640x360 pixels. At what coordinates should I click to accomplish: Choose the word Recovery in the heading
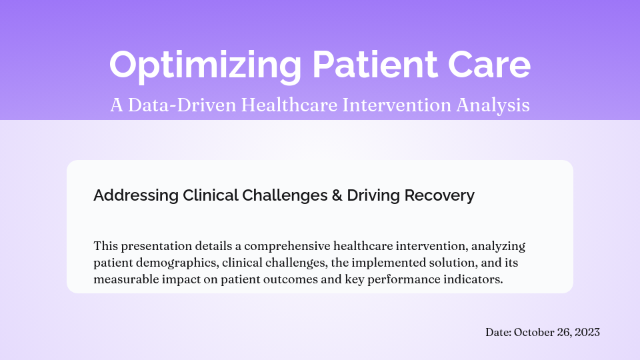click(444, 195)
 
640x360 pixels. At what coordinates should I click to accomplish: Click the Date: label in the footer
click(498, 332)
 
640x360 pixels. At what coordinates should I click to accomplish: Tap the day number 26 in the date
click(565, 332)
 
